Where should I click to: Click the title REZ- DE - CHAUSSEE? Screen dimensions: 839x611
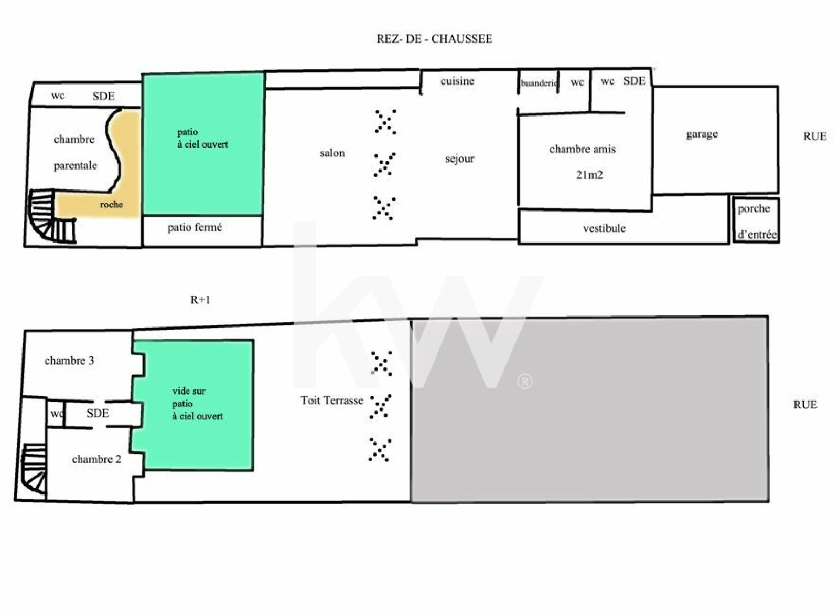[435, 39]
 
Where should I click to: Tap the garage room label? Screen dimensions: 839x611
[702, 134]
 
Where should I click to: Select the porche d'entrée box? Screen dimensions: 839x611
[756, 220]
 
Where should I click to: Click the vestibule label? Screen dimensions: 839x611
[604, 228]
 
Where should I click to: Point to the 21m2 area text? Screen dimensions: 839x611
[589, 175]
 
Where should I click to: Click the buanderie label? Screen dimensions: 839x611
[539, 83]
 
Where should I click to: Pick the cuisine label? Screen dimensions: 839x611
[457, 81]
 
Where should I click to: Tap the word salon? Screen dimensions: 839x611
[332, 153]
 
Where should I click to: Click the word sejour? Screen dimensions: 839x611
[459, 159]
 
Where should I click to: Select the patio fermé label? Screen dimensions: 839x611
[195, 227]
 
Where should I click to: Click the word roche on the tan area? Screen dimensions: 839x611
[112, 204]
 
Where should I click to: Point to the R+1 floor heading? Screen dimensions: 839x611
[200, 300]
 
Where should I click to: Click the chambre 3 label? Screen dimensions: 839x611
[69, 361]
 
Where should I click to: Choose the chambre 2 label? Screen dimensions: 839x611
[96, 459]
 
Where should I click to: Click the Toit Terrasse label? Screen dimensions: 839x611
[332, 401]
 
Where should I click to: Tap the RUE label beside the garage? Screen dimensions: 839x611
[815, 136]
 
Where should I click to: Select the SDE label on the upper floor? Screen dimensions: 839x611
[98, 413]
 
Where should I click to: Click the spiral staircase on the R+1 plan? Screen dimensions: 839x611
[34, 469]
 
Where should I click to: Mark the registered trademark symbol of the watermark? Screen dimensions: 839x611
[525, 382]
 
